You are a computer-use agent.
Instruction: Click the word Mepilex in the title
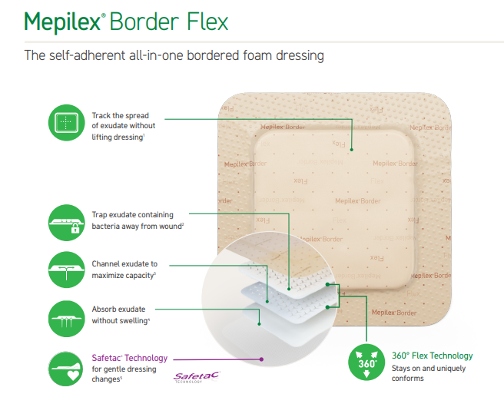click(x=63, y=22)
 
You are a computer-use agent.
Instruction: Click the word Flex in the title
click(x=207, y=22)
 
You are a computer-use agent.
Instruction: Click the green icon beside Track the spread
click(x=67, y=123)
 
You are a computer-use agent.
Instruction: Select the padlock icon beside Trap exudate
click(x=75, y=228)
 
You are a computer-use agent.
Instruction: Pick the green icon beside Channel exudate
click(x=67, y=270)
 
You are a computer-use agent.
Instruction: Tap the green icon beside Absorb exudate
click(x=67, y=319)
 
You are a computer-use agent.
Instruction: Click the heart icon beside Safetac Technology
click(x=73, y=375)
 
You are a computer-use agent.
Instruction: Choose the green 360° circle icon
click(x=366, y=362)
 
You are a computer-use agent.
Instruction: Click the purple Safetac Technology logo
click(x=196, y=377)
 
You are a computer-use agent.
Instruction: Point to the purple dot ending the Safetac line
click(x=262, y=359)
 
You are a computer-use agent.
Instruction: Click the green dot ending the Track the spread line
click(x=352, y=150)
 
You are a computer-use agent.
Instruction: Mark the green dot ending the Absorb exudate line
click(x=260, y=324)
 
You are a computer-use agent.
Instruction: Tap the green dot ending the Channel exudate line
click(x=267, y=302)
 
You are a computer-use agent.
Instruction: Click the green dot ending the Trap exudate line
click(x=289, y=290)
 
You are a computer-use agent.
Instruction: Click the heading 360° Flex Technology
click(x=433, y=356)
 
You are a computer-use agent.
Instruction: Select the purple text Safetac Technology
click(x=130, y=358)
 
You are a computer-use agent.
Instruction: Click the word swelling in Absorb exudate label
click(x=133, y=320)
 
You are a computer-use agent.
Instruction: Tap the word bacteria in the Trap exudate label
click(x=105, y=227)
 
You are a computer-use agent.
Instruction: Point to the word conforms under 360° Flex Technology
click(x=407, y=379)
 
